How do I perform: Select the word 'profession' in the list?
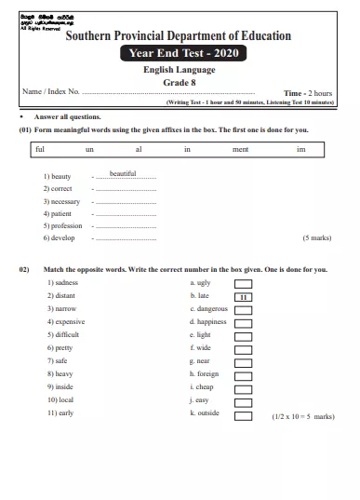tap(66, 225)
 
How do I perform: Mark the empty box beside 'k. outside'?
tap(243, 416)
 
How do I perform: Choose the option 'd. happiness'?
tap(207, 321)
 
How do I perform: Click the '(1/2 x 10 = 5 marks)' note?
tap(302, 417)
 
